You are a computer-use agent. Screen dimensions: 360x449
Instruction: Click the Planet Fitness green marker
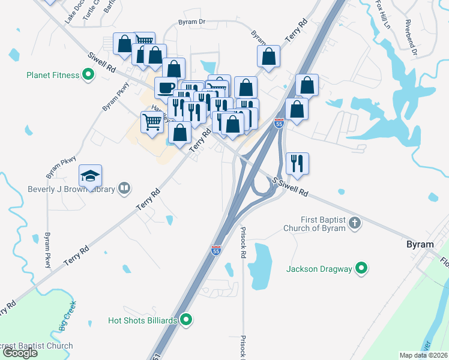click(x=88, y=75)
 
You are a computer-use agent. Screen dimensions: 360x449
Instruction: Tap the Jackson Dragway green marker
click(x=361, y=269)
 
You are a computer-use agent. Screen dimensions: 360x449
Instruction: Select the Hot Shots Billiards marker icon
click(x=186, y=320)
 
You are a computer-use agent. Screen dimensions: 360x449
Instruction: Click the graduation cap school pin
click(x=90, y=176)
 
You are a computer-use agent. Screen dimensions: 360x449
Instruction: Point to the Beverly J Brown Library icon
click(x=124, y=188)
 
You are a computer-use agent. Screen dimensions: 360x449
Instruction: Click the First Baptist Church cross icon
click(x=355, y=223)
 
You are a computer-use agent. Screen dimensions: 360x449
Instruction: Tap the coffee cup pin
click(x=166, y=88)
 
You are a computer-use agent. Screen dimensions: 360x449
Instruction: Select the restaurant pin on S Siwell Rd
click(x=297, y=163)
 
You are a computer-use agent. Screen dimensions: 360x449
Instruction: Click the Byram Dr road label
click(x=191, y=22)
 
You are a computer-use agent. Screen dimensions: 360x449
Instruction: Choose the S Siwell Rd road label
click(x=290, y=187)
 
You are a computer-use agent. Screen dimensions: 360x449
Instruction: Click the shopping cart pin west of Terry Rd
click(x=152, y=121)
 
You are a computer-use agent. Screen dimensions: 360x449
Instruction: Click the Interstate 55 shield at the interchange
click(x=279, y=123)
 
